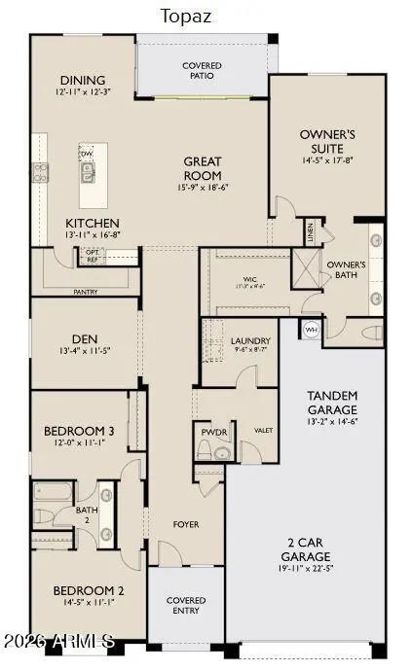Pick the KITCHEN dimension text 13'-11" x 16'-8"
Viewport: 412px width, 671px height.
click(93, 234)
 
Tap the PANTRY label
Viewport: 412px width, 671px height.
click(85, 291)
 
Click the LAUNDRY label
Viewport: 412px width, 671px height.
click(250, 340)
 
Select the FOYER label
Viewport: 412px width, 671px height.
click(186, 524)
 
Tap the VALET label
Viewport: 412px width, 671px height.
click(262, 429)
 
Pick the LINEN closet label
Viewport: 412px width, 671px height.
click(311, 230)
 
